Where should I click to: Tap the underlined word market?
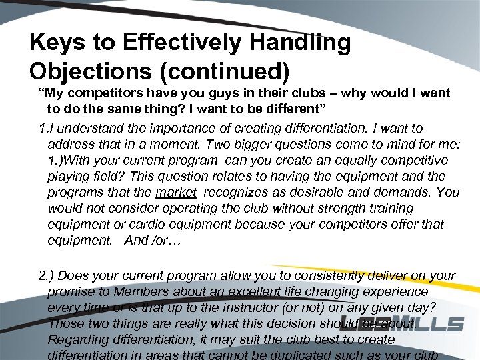coord(176,192)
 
